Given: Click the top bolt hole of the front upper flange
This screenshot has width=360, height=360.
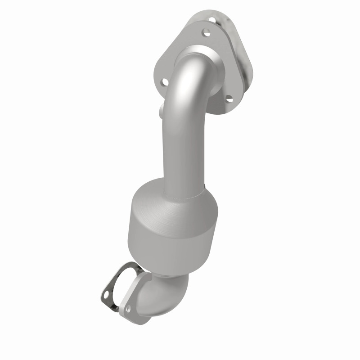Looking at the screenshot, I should click(206, 33).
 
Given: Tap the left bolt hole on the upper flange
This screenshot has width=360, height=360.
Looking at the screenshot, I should click(165, 82).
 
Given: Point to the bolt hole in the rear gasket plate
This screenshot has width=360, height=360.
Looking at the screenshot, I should click(212, 20).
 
